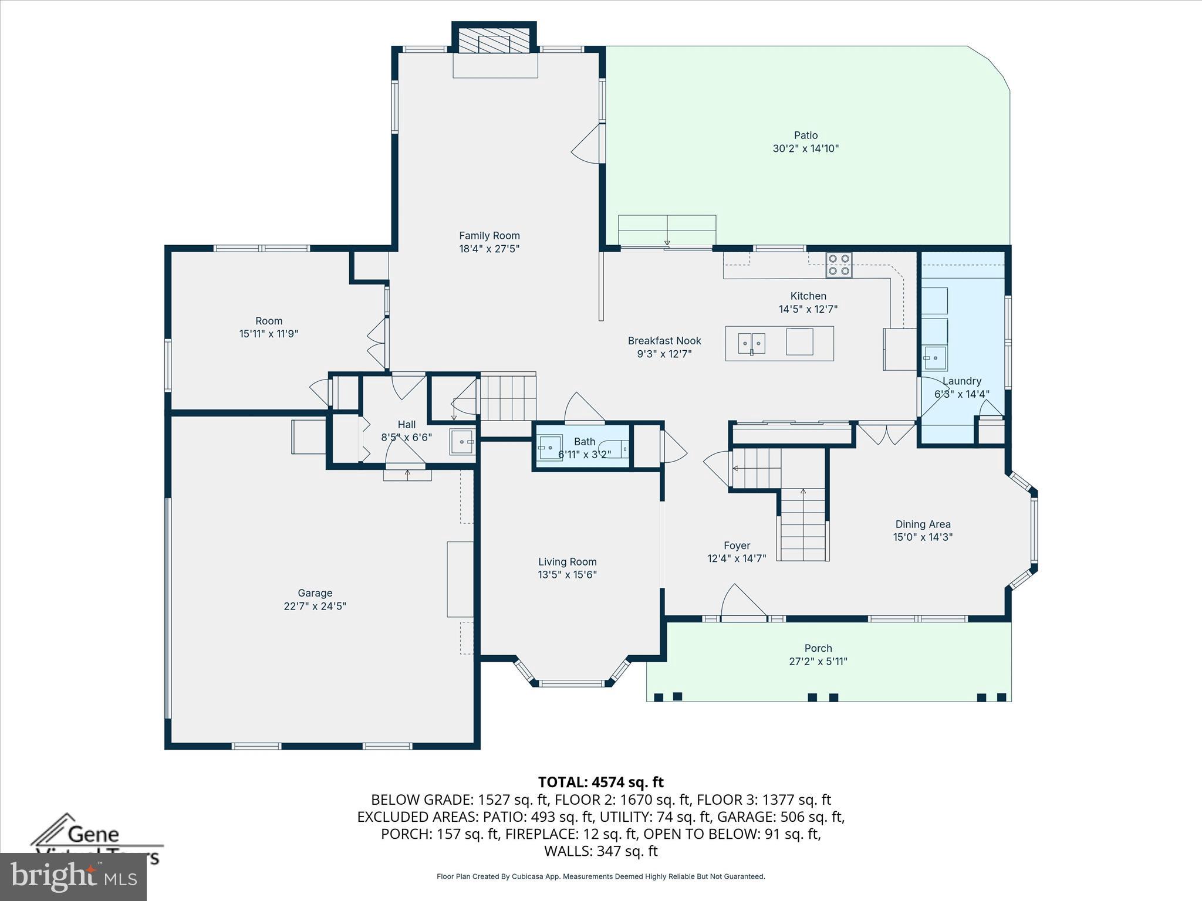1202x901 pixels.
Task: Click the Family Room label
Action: tap(489, 236)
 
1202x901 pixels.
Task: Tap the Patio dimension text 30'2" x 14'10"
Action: tap(805, 149)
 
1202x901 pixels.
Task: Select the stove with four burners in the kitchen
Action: tap(839, 265)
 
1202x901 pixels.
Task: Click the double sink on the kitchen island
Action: tap(751, 343)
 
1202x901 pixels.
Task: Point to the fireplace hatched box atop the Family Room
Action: tap(494, 42)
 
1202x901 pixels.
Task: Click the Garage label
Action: tap(315, 593)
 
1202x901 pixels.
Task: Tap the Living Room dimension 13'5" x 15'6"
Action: tap(567, 575)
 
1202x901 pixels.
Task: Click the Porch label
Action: tap(818, 648)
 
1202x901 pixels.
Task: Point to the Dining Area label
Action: tap(922, 524)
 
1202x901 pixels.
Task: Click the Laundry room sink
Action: tap(934, 357)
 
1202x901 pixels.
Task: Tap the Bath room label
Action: tap(584, 442)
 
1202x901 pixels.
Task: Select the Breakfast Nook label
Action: tap(664, 341)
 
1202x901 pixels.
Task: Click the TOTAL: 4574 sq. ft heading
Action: tap(600, 782)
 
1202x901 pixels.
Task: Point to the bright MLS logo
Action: tap(73, 876)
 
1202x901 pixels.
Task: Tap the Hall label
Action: tap(406, 425)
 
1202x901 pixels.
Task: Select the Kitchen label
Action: tap(808, 296)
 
